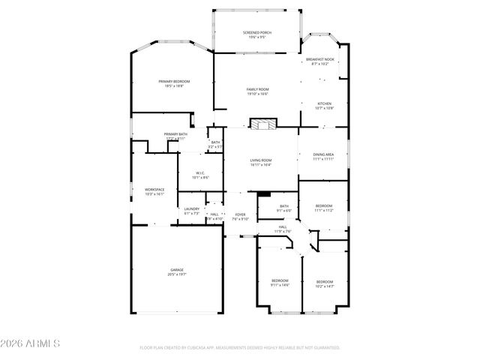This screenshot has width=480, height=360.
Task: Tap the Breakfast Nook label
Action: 320,61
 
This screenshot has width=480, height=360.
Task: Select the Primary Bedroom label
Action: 174,83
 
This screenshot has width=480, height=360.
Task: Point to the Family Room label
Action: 257,91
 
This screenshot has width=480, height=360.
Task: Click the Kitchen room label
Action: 324,106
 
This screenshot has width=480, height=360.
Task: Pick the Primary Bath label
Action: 175,136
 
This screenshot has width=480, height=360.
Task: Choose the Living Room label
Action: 260,162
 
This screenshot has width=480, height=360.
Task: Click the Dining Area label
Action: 323,157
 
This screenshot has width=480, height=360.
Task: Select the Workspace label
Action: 154,191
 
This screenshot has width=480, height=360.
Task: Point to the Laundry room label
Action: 192,211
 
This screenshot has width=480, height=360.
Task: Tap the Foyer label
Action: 240,217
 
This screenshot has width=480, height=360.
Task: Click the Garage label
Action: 176,272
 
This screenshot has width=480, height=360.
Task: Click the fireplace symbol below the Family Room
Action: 262,124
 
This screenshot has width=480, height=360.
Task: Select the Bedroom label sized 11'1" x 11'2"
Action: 323,208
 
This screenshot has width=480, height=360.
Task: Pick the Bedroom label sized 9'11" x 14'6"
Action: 280,283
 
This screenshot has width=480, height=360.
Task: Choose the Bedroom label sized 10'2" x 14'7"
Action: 324,283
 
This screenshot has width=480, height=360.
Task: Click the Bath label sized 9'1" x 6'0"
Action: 284,208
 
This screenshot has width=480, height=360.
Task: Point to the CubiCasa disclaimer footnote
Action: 240,348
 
